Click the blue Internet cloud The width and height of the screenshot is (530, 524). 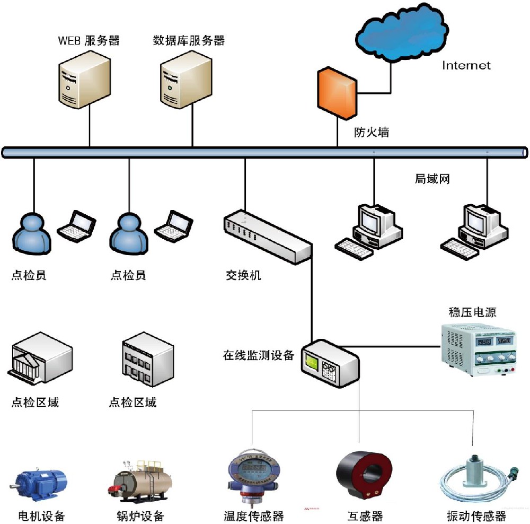401,32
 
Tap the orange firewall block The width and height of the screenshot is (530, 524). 336,93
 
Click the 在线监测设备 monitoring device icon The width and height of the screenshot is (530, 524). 329,364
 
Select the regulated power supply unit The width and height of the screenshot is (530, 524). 477,349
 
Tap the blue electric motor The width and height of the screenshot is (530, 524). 40,485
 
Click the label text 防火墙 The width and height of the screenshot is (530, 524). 371,132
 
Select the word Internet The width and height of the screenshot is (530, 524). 466,65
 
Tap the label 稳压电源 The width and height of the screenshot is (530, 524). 472,312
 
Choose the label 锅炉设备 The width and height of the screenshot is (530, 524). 140,516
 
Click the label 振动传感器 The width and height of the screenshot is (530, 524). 476,516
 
